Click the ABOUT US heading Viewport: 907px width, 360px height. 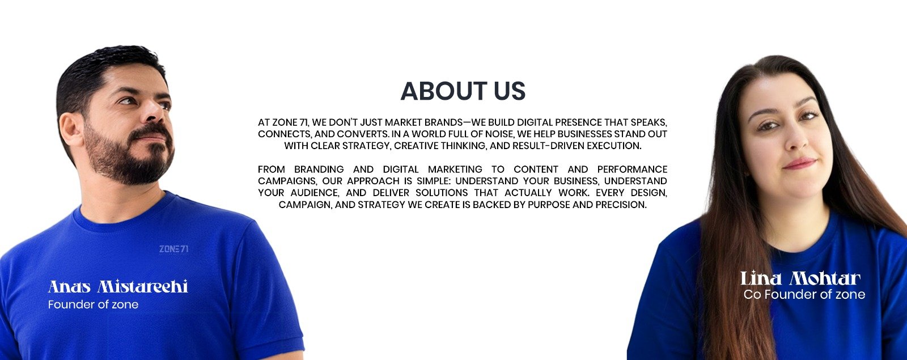point(463,91)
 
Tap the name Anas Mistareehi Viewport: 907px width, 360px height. point(118,286)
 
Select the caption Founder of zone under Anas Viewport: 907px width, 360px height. point(93,304)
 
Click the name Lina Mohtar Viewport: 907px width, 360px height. point(800,278)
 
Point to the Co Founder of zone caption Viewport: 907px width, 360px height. point(804,294)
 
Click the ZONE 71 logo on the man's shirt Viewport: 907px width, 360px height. point(173,249)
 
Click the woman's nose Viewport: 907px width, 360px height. point(796,138)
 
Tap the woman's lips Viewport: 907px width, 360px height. point(800,164)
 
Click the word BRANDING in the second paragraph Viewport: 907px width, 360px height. point(319,170)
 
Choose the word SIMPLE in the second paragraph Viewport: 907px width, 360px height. point(433,181)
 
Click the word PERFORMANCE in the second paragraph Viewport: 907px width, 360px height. point(632,170)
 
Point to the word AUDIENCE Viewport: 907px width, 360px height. point(315,193)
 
